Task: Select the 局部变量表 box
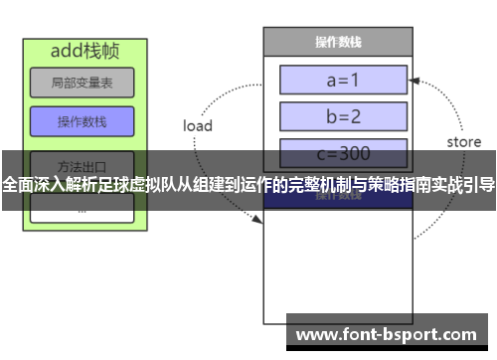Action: (81, 85)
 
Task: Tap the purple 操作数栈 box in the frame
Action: (81, 122)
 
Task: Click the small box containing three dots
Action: (81, 211)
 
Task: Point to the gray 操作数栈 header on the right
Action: (337, 42)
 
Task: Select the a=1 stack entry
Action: (342, 79)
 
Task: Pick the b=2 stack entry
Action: (342, 116)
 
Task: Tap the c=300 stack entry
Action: (342, 153)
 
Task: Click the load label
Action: (198, 126)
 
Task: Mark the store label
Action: (463, 142)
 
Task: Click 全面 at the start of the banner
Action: (17, 185)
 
